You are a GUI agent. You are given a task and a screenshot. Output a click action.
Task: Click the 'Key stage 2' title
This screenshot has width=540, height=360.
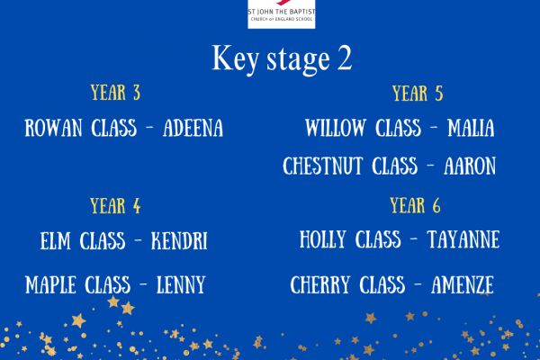pos(282,58)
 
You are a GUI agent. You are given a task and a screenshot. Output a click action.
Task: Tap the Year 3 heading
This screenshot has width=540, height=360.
pos(115,93)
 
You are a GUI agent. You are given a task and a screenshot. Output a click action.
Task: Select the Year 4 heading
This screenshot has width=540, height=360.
pos(115,206)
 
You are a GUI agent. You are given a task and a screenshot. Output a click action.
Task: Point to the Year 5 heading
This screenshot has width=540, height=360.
pos(418,94)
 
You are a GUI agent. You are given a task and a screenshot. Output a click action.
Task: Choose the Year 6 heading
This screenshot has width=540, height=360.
pos(415,205)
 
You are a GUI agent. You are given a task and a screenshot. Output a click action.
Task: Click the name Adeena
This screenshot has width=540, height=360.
pos(193,128)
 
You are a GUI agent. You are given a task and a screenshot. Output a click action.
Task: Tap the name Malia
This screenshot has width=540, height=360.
pos(471,128)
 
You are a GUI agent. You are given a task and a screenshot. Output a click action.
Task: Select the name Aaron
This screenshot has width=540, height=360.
pos(470,166)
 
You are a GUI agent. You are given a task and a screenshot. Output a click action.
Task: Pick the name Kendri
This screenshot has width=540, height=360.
pos(179,240)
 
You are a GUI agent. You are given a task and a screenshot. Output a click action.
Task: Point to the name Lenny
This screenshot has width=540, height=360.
pos(181,285)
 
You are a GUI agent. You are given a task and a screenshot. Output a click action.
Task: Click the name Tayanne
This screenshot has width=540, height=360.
pos(463,239)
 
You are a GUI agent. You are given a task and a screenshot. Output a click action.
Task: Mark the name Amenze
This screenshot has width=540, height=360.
pos(463,285)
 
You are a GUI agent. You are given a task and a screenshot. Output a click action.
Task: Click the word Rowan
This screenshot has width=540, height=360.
pos(53,128)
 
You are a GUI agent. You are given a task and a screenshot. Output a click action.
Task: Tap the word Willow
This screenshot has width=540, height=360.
pos(336,128)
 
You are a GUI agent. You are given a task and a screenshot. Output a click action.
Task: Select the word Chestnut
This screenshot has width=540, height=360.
pos(323,166)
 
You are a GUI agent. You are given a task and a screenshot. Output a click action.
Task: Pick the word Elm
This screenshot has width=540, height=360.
pos(56,240)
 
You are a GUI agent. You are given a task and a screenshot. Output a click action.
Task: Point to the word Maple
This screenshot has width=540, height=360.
pos(50,285)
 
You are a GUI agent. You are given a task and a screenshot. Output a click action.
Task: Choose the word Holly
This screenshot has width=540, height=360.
pos(323,239)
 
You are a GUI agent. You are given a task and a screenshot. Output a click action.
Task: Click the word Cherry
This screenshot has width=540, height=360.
pos(319,285)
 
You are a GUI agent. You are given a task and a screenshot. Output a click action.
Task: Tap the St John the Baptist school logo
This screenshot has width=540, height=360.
pos(282,13)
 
